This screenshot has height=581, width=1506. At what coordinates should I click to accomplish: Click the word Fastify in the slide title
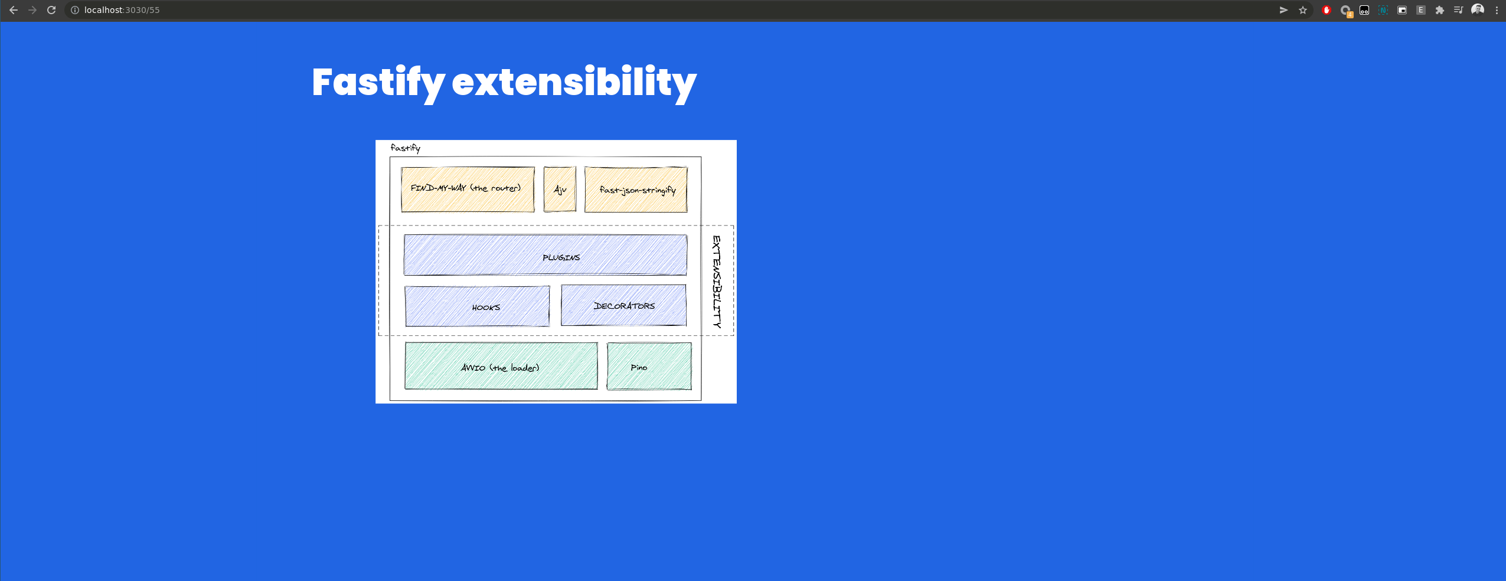pos(378,82)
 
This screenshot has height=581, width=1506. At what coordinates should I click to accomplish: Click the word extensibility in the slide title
pos(574,82)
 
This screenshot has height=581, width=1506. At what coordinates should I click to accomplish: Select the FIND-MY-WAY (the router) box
pos(467,189)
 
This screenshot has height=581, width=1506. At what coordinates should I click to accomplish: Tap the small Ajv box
pos(560,189)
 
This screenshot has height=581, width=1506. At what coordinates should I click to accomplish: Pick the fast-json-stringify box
pos(636,190)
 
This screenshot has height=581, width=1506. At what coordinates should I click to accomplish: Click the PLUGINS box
pos(545,255)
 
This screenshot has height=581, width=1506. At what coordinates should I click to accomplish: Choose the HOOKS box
pos(477,306)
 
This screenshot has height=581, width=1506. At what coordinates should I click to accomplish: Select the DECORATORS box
pos(623,305)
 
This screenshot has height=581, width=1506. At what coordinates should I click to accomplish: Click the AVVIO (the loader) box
pos(501,366)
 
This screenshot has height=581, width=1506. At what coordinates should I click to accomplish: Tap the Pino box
pos(649,366)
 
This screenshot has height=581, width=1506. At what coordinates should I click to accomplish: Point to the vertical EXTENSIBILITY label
pos(717,281)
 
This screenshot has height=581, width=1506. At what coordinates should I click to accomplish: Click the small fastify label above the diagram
pos(405,148)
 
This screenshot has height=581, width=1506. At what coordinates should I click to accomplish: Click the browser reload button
pos(51,10)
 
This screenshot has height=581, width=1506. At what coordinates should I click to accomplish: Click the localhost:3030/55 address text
pos(122,10)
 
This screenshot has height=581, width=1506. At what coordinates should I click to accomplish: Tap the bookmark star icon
pos(1303,10)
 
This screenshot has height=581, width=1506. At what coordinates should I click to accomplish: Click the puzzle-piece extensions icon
pos(1440,10)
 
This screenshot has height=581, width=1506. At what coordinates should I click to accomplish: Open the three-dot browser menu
pos(1497,10)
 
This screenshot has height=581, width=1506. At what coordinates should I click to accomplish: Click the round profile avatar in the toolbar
pos(1478,9)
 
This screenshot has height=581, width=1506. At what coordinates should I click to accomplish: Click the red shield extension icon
pos(1327,10)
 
